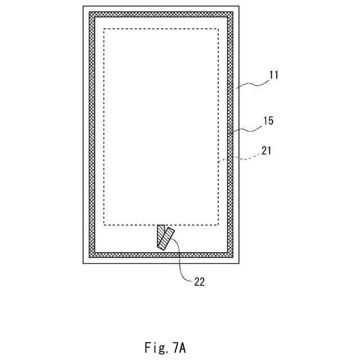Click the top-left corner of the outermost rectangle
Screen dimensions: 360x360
click(83, 7)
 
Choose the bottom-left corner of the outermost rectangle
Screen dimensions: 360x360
click(83, 263)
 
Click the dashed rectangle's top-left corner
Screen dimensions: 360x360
click(105, 29)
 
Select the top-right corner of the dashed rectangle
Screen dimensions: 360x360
click(218, 29)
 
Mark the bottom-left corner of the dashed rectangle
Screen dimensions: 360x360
click(105, 225)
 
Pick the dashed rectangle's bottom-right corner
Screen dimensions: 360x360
click(218, 225)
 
